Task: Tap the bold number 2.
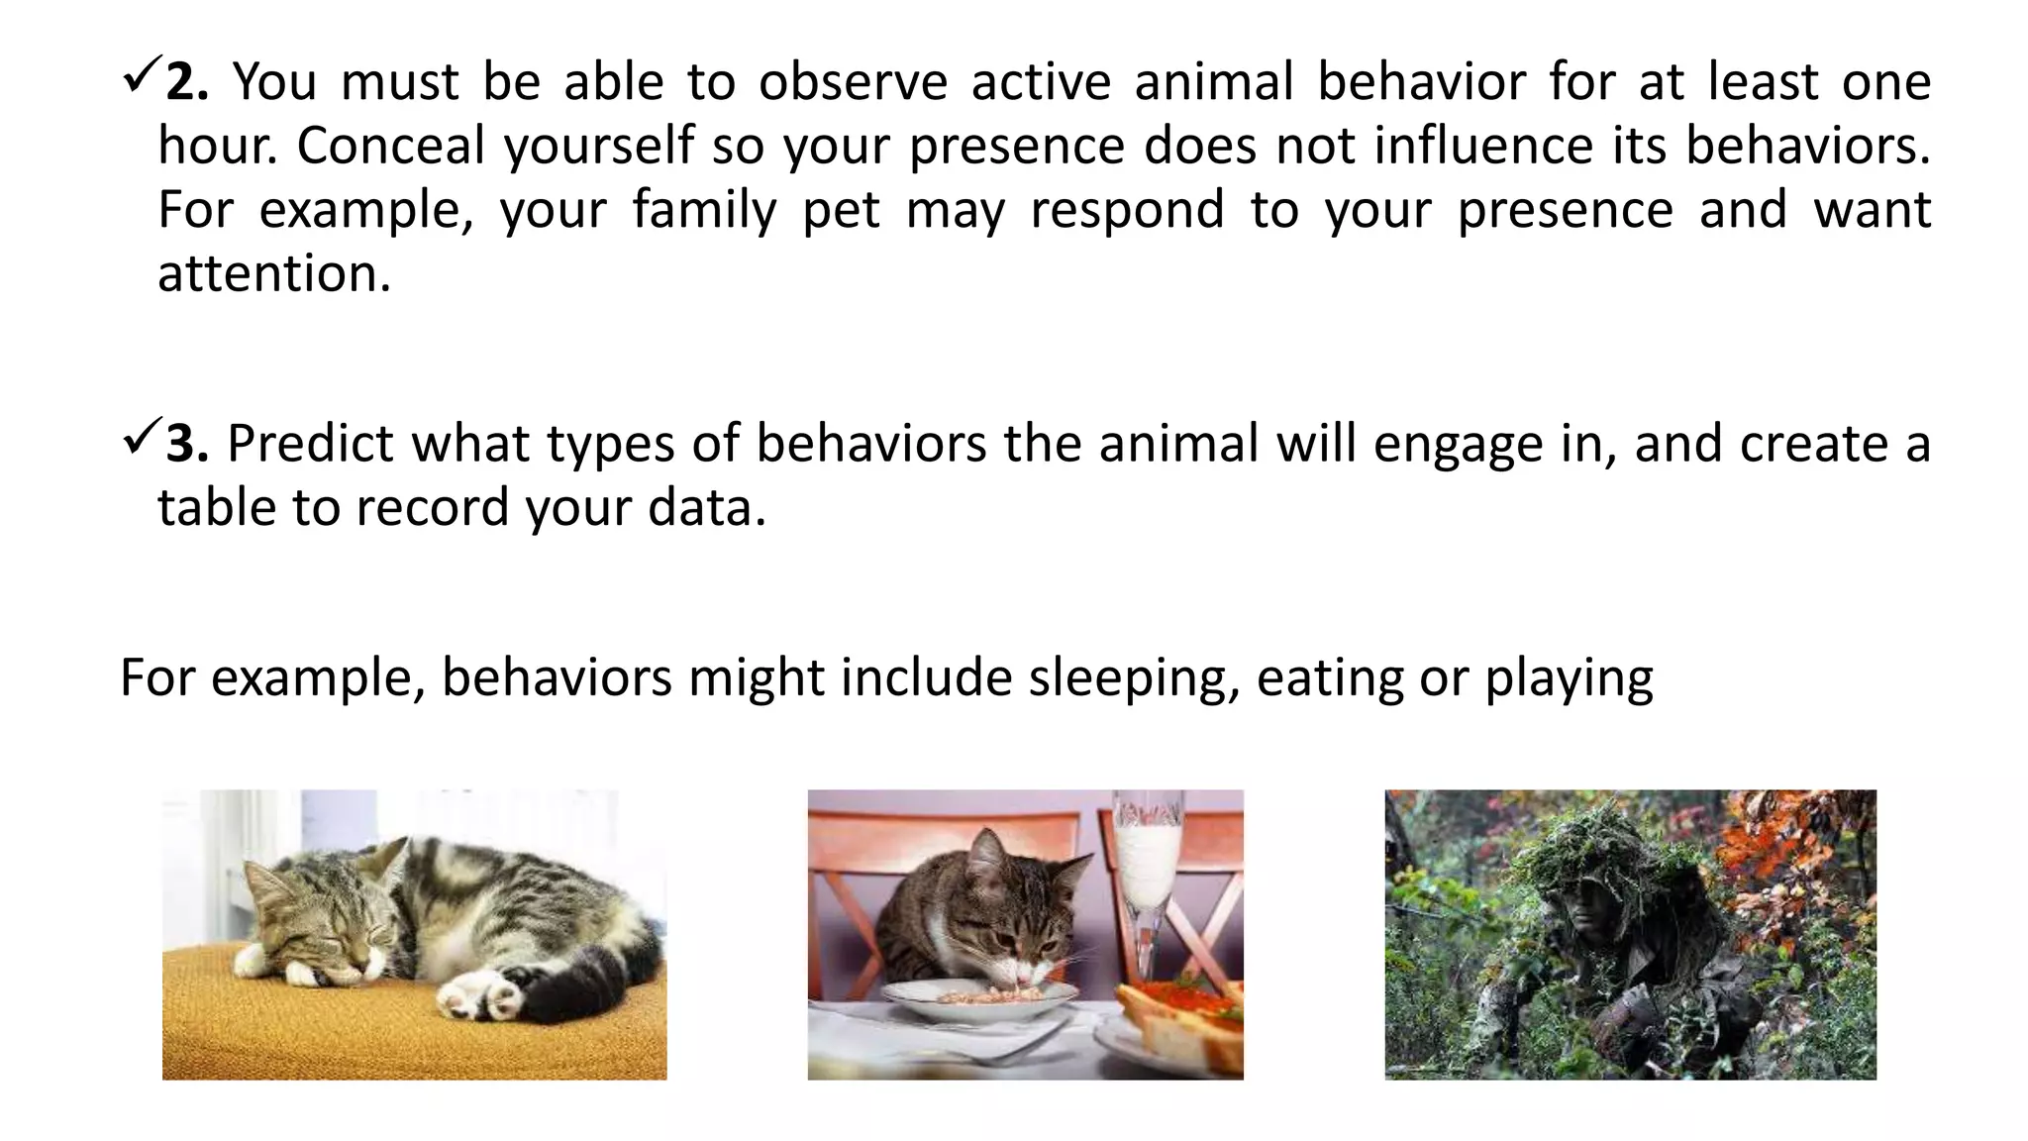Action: [186, 82]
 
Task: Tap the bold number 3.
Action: [186, 444]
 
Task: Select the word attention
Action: [273, 273]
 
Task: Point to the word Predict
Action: [310, 444]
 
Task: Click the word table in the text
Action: [216, 508]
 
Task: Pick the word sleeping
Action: [1132, 679]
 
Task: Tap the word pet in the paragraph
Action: [841, 210]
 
